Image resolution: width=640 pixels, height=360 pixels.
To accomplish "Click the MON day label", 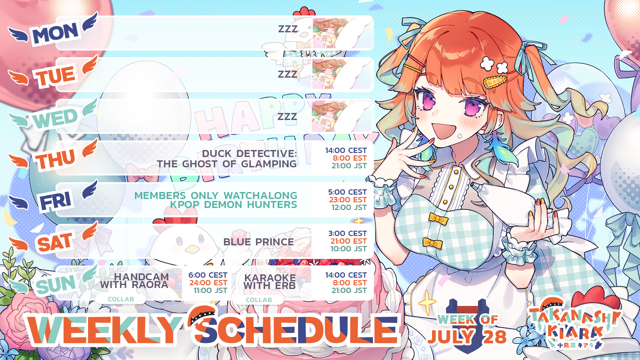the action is click(x=55, y=33).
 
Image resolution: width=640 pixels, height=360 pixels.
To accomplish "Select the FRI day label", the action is click(x=56, y=201).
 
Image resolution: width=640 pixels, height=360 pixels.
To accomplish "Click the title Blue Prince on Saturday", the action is click(x=259, y=242).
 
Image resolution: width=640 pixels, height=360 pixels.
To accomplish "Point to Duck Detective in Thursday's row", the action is click(x=249, y=153).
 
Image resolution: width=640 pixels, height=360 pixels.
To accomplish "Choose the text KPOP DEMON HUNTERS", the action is click(x=233, y=205).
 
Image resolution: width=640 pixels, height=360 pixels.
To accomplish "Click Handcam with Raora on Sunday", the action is click(x=134, y=281).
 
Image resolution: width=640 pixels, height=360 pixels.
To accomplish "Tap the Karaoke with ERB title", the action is click(x=270, y=282).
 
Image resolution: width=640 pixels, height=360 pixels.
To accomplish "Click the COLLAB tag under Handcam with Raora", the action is click(x=121, y=299).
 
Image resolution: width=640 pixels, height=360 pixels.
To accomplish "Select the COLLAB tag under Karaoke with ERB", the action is click(x=259, y=300).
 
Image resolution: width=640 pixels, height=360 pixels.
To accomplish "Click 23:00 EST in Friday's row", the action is click(x=348, y=200).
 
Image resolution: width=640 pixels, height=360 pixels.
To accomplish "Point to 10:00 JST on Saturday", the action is click(x=349, y=249).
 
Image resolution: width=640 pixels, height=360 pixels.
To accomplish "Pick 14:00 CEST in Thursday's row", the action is click(x=346, y=150).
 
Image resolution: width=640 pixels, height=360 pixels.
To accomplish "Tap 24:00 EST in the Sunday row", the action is click(x=209, y=283).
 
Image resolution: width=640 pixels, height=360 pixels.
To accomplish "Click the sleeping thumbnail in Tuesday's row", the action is click(x=342, y=74).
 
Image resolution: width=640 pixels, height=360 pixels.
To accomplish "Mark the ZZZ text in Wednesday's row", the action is click(x=287, y=116).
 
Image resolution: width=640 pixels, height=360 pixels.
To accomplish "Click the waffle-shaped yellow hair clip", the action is click(x=494, y=82).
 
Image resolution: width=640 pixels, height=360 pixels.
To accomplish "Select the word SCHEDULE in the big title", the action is click(x=297, y=329).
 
